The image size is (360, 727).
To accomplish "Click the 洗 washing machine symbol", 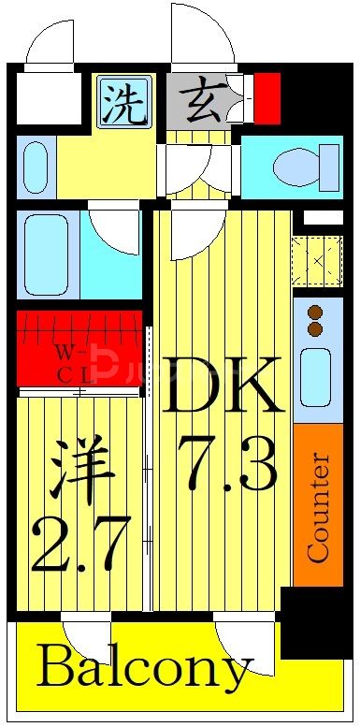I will click(123, 102).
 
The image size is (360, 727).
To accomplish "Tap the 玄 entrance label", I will click(197, 100).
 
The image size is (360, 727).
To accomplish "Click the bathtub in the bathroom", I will click(47, 254).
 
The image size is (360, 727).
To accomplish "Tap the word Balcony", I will click(145, 669).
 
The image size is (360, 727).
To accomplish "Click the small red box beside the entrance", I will click(267, 97).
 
